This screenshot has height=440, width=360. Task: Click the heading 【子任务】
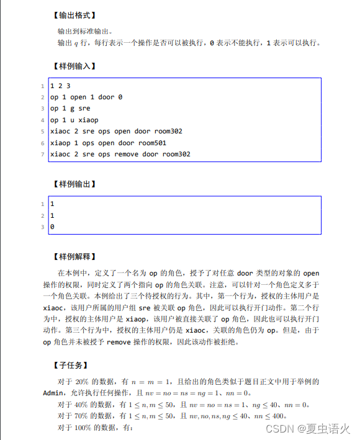click(x=70, y=365)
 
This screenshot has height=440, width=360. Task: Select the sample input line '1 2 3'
click(x=60, y=86)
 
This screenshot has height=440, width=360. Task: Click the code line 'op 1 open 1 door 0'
click(x=86, y=97)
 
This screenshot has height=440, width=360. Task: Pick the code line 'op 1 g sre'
click(x=70, y=109)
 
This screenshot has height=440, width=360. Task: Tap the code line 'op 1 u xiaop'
click(x=74, y=120)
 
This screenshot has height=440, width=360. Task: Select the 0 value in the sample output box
click(x=52, y=227)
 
